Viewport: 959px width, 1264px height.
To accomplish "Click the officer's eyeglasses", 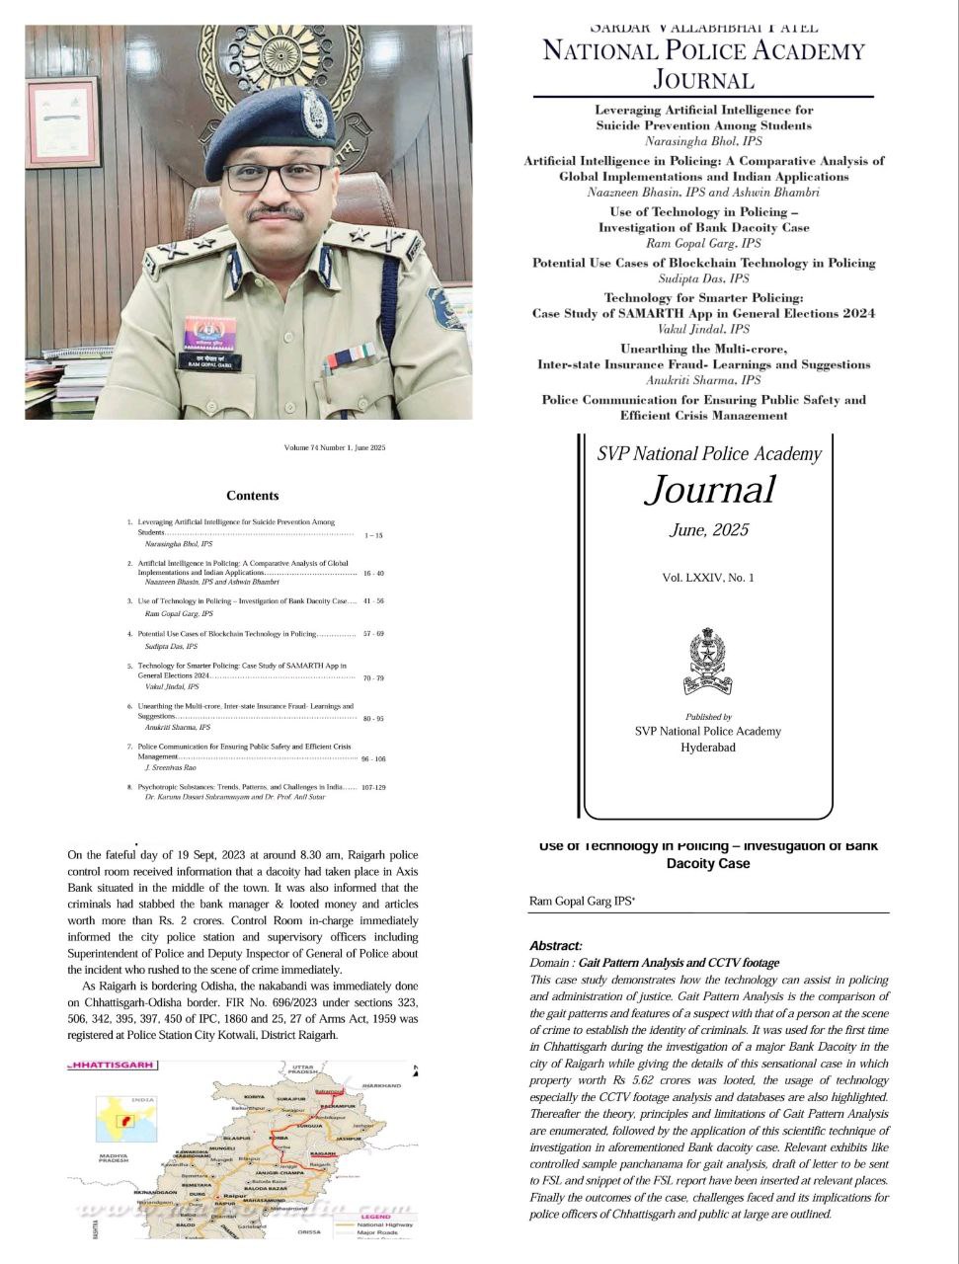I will pos(276,178).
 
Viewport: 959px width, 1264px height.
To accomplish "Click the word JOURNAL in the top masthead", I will pos(703,80).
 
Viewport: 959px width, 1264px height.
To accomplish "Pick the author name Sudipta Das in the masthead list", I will pos(704,278).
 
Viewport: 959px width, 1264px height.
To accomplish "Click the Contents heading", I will pos(253,496).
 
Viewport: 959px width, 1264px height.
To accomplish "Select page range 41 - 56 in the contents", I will pos(373,600).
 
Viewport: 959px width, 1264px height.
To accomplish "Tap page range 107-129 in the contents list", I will pos(373,787).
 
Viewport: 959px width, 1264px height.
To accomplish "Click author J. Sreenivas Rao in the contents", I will pos(171,767).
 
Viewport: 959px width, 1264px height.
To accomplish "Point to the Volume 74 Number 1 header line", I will pos(335,448).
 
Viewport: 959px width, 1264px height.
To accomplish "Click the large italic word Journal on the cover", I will pos(710,490).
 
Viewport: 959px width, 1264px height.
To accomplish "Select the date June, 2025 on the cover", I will pos(709,530).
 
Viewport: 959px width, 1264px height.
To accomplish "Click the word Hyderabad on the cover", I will pos(707,748).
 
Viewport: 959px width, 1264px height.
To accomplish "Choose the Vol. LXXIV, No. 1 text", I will pos(707,578).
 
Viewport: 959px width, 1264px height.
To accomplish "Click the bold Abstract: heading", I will pos(556,946).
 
